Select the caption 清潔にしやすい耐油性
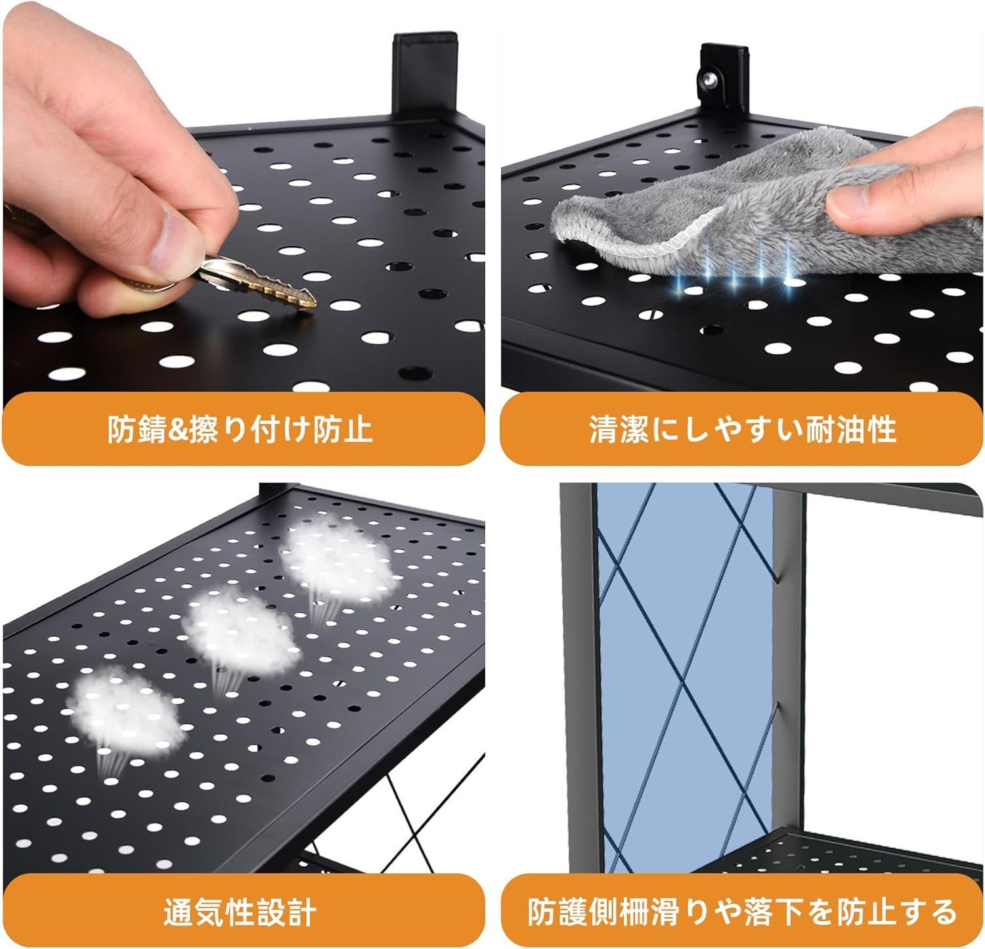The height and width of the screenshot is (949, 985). coord(742,429)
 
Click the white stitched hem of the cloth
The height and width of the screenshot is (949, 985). coord(624,237)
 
